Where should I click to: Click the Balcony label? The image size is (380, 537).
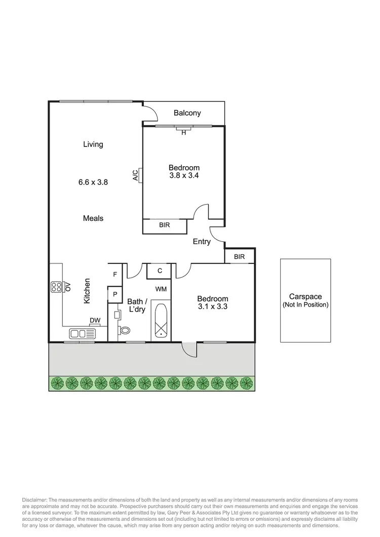[x=187, y=113]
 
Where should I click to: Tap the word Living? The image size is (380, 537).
[x=93, y=144]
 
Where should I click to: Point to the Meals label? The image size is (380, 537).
[x=93, y=218]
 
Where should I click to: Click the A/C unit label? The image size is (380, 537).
[x=135, y=176]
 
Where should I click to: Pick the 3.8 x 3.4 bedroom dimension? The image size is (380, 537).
[x=184, y=176]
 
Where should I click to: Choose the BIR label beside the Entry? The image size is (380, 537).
[x=240, y=257]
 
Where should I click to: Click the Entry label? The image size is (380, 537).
[x=202, y=242]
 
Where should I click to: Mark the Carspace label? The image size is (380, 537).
[x=306, y=297]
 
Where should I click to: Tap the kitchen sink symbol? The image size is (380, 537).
[x=82, y=333]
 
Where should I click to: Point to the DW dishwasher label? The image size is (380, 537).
[x=95, y=320]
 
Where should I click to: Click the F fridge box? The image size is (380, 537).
[x=115, y=275]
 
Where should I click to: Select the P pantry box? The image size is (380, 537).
[x=115, y=294]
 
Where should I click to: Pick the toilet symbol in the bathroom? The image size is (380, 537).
[x=124, y=330]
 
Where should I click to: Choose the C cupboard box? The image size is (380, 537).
[x=160, y=271]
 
